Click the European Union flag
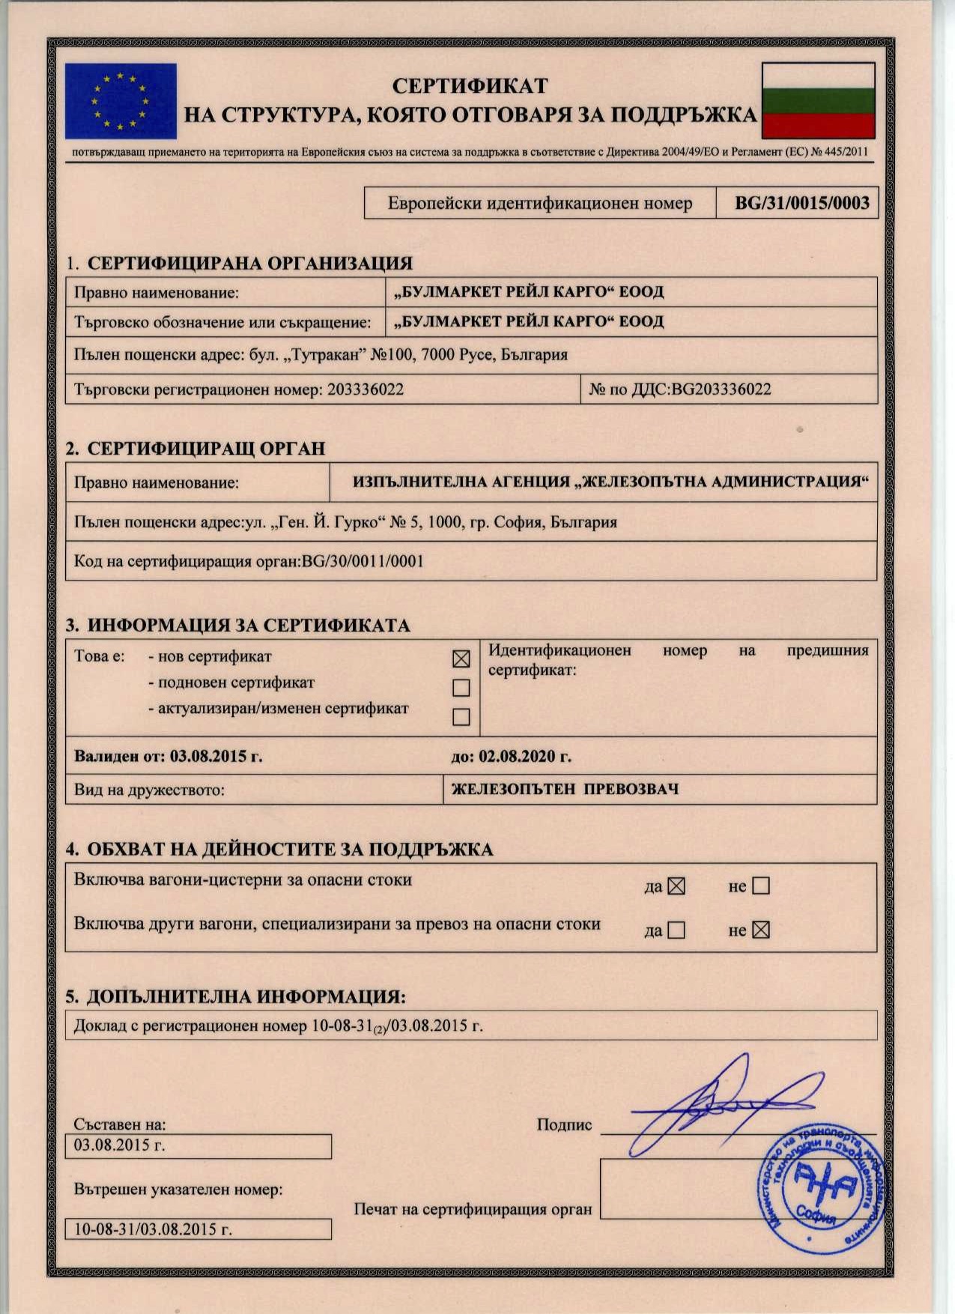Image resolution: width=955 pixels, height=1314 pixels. coord(121,101)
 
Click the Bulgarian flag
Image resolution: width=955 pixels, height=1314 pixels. coord(818,100)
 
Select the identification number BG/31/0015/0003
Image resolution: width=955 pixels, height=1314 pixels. coord(801,203)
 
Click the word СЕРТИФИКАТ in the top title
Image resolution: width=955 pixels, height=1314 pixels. coord(470,86)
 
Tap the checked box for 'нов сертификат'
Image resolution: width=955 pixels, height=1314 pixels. coord(461,658)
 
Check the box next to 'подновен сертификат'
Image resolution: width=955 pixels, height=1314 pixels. coord(461,687)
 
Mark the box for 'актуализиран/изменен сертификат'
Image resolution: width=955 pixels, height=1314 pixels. coord(461,716)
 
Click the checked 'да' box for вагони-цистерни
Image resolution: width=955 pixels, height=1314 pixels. coord(676,886)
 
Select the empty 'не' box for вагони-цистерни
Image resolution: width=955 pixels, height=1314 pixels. coord(760,886)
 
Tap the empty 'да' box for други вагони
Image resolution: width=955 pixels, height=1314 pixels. coord(676,930)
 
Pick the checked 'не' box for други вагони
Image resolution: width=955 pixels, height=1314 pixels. coord(760,930)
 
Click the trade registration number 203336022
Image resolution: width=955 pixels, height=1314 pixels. coord(366,390)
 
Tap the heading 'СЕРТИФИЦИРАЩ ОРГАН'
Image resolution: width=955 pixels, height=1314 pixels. coord(206,449)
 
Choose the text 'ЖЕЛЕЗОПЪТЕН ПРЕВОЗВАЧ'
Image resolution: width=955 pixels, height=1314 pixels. coord(565,789)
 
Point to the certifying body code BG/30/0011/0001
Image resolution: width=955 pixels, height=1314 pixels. coord(363,561)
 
